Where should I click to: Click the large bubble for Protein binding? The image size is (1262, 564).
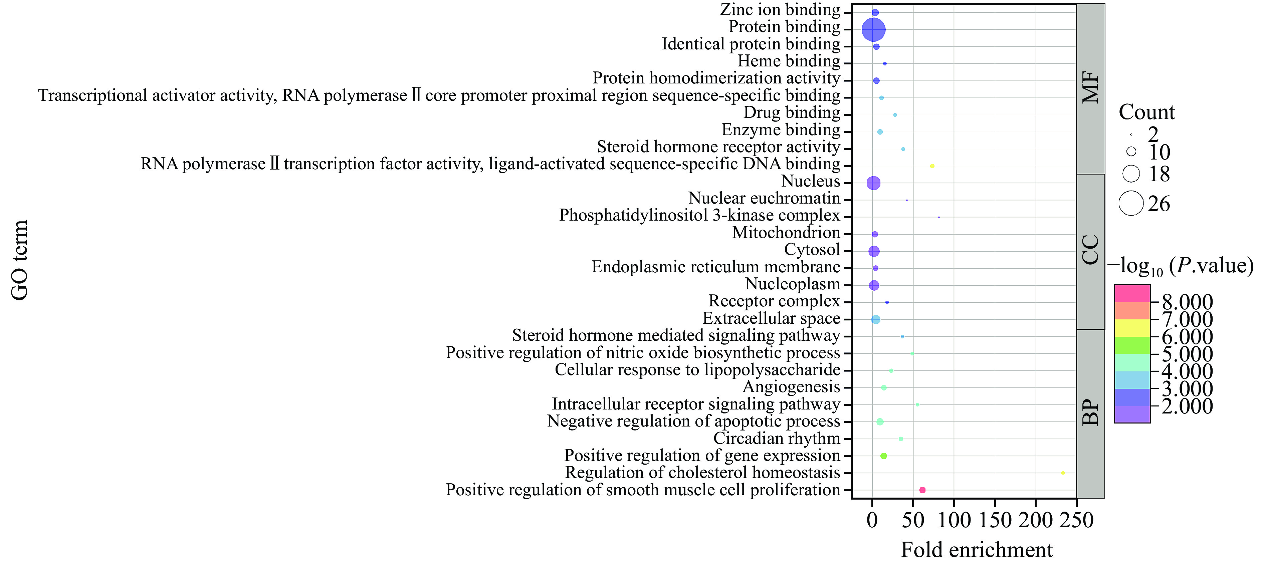[873, 30]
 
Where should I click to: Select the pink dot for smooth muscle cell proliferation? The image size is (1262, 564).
[922, 490]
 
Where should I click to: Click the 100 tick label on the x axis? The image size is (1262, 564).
[954, 520]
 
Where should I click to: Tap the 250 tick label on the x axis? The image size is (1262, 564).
[1076, 520]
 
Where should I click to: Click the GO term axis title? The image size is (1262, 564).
[20, 260]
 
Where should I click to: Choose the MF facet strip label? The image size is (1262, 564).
[1090, 88]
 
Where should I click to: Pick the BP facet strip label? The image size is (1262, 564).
[1090, 413]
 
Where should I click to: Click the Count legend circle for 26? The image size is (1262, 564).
[1131, 203]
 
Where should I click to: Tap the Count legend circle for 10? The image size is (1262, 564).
[1131, 151]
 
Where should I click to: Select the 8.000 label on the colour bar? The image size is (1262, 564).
[1187, 302]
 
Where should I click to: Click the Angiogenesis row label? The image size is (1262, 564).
[791, 387]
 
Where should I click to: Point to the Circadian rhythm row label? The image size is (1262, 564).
[777, 438]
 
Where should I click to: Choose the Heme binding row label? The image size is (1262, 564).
[789, 61]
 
